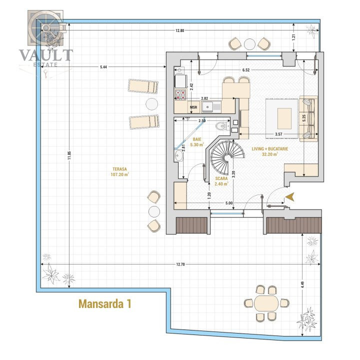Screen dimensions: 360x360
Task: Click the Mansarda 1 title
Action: click(x=105, y=304)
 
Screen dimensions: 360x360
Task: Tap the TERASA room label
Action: click(x=119, y=169)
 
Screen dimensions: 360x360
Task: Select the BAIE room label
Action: click(x=197, y=139)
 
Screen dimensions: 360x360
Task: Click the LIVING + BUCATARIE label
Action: click(x=270, y=149)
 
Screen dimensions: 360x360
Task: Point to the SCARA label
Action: click(x=221, y=178)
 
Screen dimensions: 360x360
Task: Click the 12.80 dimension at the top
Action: click(x=180, y=30)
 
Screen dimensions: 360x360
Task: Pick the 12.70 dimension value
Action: click(x=180, y=264)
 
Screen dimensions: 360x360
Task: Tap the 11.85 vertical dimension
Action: click(x=69, y=155)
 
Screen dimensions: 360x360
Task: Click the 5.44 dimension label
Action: click(x=103, y=67)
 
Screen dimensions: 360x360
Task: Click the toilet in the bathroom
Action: click(x=222, y=126)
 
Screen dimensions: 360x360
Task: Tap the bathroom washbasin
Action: click(x=178, y=156)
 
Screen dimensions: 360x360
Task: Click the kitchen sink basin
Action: click(x=207, y=107)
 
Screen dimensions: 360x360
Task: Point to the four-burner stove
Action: click(x=180, y=95)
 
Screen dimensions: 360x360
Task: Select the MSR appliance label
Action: click(x=193, y=107)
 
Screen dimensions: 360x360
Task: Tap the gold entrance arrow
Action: click(x=289, y=197)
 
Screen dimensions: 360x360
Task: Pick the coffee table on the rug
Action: click(x=284, y=118)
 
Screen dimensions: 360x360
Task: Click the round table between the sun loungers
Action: click(x=152, y=104)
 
